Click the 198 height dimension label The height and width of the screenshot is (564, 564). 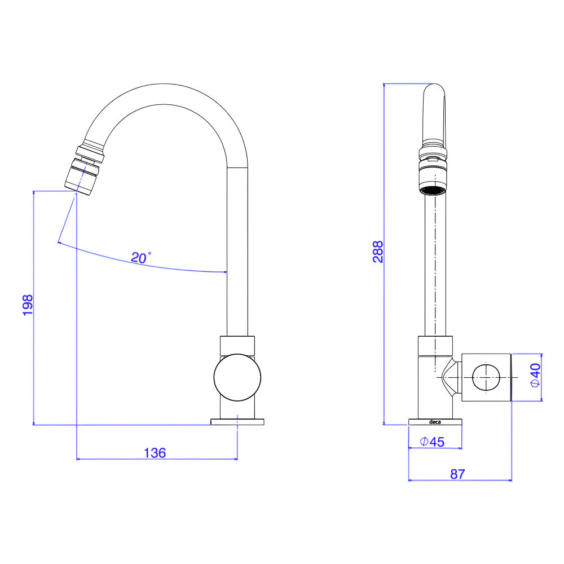[x=28, y=305]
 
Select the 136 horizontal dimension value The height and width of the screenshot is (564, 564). [x=155, y=453]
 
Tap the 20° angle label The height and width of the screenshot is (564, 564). [x=140, y=257]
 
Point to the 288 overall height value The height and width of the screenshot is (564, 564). [x=378, y=252]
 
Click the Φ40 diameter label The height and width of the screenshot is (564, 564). [x=536, y=375]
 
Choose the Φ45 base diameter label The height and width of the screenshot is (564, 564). [x=433, y=442]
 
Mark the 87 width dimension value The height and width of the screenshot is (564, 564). [x=457, y=474]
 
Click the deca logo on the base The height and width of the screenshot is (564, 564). [x=435, y=422]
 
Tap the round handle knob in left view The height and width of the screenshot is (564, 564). [x=237, y=377]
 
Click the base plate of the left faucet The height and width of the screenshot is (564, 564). [x=237, y=422]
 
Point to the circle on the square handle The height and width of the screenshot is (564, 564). [x=486, y=377]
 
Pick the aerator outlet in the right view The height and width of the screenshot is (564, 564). [x=433, y=183]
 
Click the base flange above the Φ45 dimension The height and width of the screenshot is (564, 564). [x=435, y=422]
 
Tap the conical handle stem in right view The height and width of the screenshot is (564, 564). [x=450, y=378]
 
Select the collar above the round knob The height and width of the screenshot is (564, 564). [x=237, y=345]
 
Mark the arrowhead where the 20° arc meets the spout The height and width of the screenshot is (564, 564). [x=225, y=272]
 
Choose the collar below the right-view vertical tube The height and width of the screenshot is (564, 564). [x=435, y=345]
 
